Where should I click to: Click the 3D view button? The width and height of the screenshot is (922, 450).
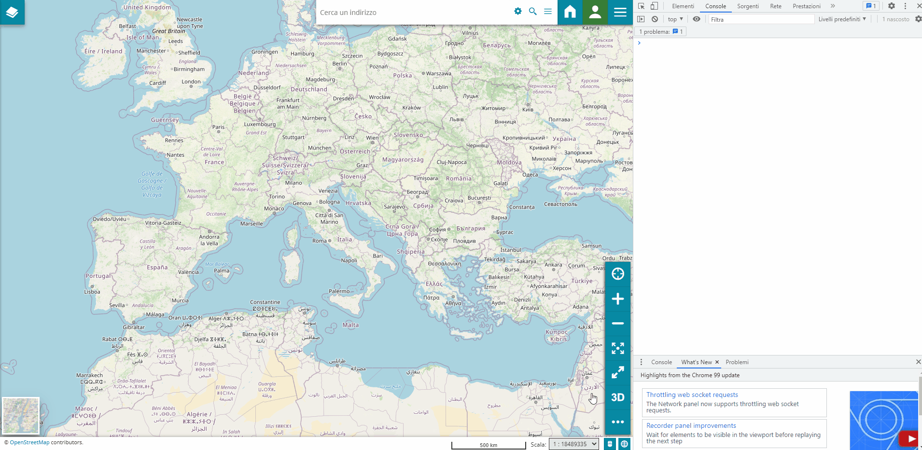tap(617, 397)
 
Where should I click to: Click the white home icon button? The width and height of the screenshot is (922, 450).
tap(570, 12)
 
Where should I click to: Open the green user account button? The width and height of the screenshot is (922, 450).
tap(595, 12)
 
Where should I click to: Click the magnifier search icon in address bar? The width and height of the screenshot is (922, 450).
tap(533, 12)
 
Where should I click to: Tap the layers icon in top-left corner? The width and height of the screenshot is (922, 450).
tap(12, 12)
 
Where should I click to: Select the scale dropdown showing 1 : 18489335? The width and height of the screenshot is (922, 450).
tap(573, 444)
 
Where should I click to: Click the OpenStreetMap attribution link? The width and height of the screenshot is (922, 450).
tap(29, 442)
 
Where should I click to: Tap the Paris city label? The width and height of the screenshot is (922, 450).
tap(218, 127)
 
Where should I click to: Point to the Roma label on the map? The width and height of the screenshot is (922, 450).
tap(320, 241)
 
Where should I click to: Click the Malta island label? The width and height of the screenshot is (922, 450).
tap(350, 325)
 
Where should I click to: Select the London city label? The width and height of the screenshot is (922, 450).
tap(191, 82)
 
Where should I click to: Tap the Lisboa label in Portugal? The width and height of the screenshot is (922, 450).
tap(92, 292)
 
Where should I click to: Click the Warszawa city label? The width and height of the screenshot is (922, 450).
tap(439, 74)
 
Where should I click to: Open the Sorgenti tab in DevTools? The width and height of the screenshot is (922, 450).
tap(748, 6)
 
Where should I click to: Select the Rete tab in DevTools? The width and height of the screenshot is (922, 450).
tap(776, 6)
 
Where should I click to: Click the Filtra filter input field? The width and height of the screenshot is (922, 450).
tap(761, 19)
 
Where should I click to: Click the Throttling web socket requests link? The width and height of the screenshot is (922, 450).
tap(692, 395)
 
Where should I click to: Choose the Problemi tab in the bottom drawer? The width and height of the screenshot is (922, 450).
tap(737, 362)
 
